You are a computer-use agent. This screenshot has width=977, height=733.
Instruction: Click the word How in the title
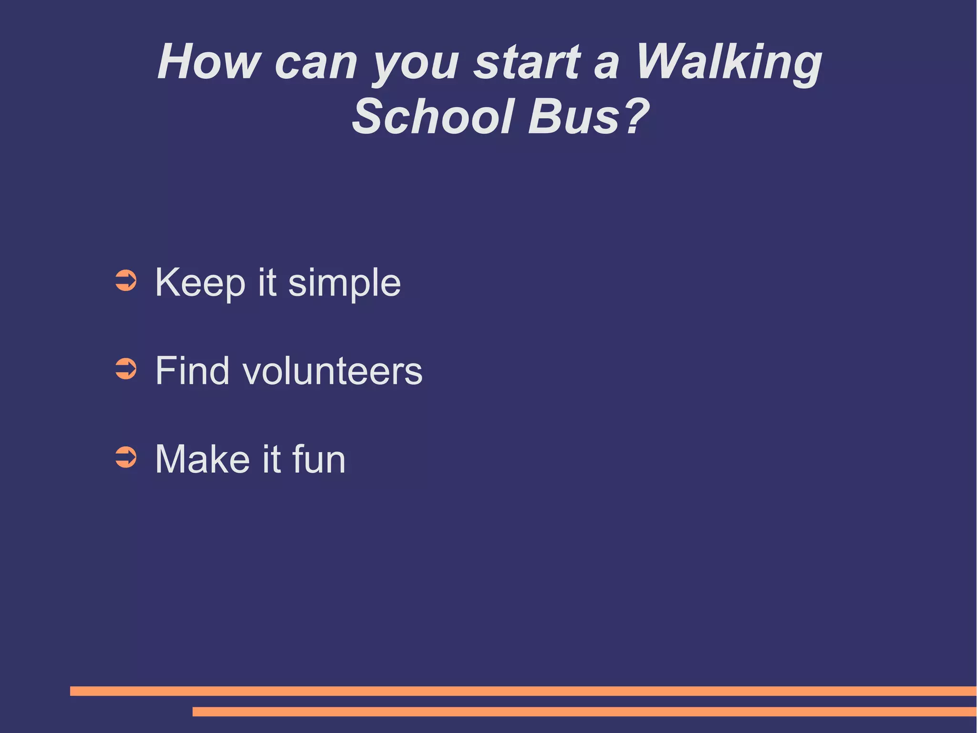click(x=209, y=62)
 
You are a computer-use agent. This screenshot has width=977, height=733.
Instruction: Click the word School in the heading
click(x=433, y=117)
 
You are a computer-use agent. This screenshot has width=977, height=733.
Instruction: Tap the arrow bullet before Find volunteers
click(x=126, y=369)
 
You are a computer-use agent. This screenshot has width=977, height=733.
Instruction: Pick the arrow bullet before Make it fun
click(x=126, y=457)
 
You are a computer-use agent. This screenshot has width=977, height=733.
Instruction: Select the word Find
click(x=193, y=371)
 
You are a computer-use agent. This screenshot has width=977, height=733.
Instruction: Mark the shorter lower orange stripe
click(x=584, y=712)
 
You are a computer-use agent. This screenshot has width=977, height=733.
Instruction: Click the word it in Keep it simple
click(x=267, y=282)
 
